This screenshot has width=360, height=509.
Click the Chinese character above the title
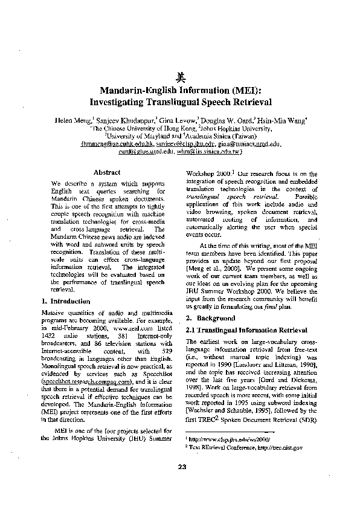pyautogui.click(x=180, y=77)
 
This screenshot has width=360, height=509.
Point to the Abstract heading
pyautogui.click(x=108, y=172)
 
